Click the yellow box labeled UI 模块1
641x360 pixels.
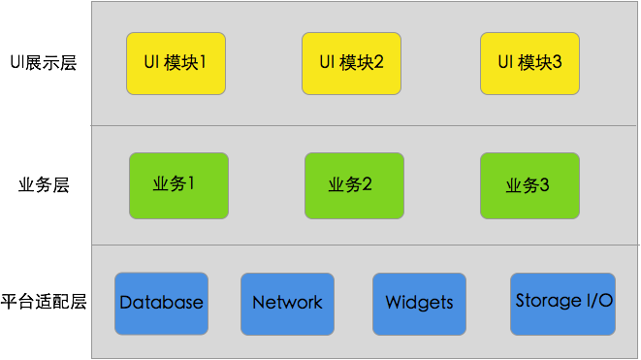click(176, 63)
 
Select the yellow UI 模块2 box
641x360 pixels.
click(351, 63)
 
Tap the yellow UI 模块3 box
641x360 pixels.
click(529, 63)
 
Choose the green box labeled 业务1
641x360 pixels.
click(178, 184)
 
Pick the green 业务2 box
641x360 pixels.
click(353, 185)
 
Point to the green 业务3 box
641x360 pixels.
click(529, 185)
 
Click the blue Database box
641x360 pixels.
click(161, 303)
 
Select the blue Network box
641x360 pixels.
click(287, 303)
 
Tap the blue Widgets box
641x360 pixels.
click(419, 303)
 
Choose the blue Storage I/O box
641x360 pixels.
click(563, 302)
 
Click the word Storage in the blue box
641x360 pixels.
click(545, 301)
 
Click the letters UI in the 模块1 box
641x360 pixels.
click(150, 63)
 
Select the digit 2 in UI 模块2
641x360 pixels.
click(379, 63)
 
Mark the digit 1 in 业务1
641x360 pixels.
click(191, 183)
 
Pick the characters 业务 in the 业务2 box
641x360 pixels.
click(345, 185)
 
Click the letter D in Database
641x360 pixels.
click(126, 303)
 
